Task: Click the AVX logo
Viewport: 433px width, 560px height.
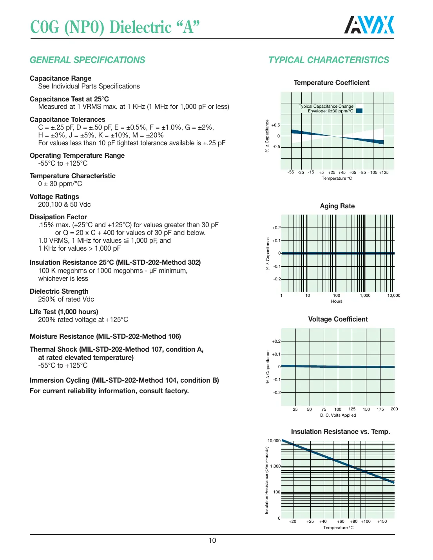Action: tap(369, 25)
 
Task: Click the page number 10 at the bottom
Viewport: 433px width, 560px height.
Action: tap(212, 540)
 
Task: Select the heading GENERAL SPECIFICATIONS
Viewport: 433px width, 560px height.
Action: tap(87, 60)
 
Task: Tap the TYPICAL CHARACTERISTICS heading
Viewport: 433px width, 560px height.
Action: tap(328, 60)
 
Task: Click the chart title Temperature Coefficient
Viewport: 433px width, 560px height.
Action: tap(332, 83)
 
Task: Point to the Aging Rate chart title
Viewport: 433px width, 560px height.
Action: tap(337, 206)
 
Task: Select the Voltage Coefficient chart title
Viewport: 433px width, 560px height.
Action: tap(338, 319)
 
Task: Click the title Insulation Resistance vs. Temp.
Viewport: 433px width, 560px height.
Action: tap(340, 432)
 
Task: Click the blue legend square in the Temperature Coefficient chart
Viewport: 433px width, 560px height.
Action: tap(359, 111)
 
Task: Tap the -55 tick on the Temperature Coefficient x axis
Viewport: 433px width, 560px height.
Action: tap(290, 172)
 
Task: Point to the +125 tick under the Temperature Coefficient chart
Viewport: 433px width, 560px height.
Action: tap(384, 172)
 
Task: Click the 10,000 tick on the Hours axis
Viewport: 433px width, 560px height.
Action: tap(393, 296)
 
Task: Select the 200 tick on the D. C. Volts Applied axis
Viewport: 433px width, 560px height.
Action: tap(394, 409)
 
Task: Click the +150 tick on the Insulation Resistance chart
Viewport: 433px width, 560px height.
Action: tap(382, 522)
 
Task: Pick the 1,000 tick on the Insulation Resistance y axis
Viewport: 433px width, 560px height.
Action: tap(275, 466)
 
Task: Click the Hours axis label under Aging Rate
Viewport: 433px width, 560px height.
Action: tap(337, 302)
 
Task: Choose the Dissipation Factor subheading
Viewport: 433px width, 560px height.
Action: tap(58, 217)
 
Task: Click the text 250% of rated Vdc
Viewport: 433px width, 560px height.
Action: tap(66, 299)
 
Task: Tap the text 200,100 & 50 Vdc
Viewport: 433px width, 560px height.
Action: tap(64, 204)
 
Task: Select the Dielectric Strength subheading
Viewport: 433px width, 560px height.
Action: tap(59, 291)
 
